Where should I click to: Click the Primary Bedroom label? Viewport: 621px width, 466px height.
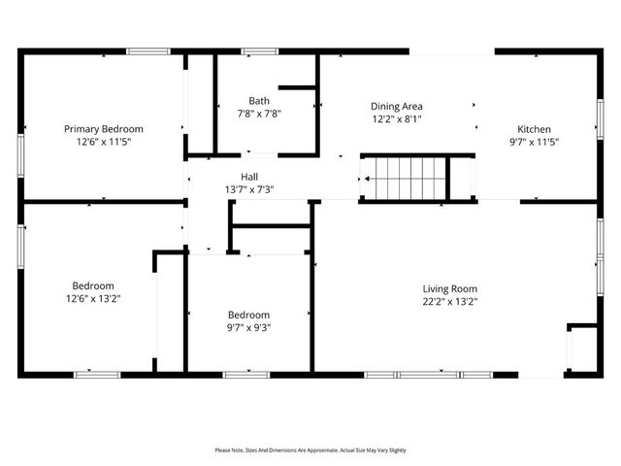click(104, 129)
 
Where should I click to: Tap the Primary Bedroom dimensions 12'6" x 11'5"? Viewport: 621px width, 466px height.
click(104, 142)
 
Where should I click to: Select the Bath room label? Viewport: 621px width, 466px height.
click(259, 101)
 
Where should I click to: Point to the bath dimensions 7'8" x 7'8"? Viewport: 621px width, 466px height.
click(259, 114)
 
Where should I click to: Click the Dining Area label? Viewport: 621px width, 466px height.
click(397, 107)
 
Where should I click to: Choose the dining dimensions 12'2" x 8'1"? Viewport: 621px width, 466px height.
click(397, 119)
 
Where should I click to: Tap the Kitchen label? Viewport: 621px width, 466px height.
click(534, 129)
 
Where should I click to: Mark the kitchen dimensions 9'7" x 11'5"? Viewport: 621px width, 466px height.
click(534, 142)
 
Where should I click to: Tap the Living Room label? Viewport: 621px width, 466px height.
click(449, 288)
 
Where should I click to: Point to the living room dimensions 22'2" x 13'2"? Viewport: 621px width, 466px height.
click(449, 301)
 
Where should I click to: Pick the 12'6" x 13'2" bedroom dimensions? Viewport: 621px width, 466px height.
click(93, 298)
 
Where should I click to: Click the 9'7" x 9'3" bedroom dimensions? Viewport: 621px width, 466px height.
click(249, 327)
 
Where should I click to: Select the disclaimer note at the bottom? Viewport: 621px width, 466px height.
click(310, 450)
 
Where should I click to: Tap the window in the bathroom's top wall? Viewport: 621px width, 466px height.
click(259, 51)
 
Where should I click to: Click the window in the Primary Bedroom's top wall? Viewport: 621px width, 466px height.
click(147, 51)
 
